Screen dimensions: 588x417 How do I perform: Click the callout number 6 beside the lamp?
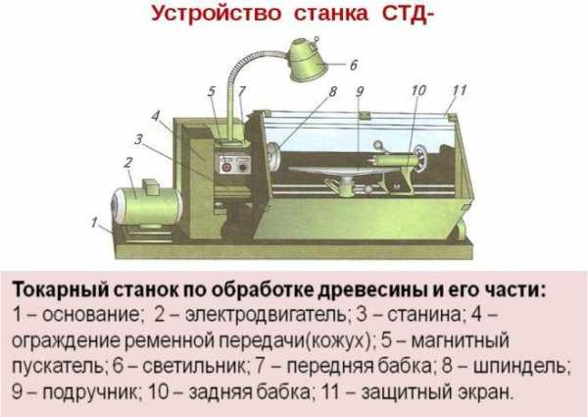[354, 65]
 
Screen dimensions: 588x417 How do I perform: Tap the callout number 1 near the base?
[94, 223]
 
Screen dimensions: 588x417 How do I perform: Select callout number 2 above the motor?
[128, 163]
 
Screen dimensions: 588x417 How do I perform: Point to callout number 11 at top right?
[459, 90]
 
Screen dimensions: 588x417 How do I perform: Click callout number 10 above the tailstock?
[418, 90]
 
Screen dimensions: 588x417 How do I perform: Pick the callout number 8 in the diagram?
[332, 91]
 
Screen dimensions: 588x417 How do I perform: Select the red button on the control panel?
[226, 167]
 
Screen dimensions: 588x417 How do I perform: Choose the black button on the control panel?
[244, 167]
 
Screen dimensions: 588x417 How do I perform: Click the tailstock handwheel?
[423, 159]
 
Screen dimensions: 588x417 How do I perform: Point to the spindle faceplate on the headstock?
[273, 157]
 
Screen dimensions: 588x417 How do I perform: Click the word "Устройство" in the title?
[217, 14]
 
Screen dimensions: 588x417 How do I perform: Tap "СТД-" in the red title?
[408, 14]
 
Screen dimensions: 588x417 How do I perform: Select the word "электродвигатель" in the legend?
[266, 315]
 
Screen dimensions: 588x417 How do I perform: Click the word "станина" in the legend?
[423, 315]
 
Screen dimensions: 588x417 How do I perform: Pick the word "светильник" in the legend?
[194, 366]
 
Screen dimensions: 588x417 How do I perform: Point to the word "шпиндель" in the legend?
[520, 366]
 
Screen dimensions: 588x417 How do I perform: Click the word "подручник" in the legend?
[90, 392]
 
